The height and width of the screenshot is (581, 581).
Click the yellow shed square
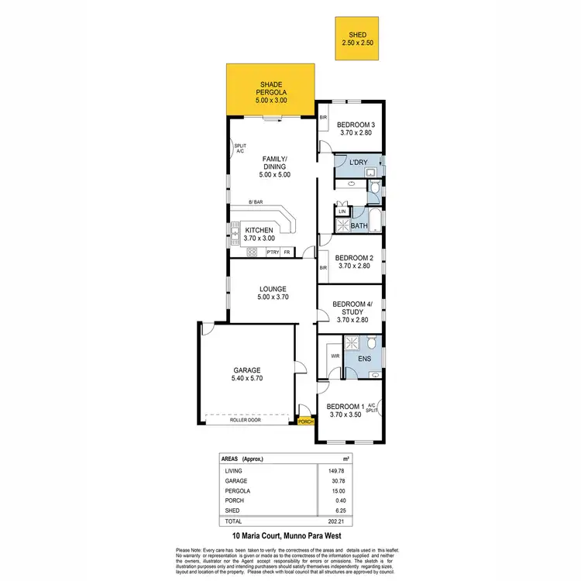358,39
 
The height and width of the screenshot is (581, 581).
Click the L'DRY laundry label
357,162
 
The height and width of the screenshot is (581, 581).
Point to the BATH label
359,226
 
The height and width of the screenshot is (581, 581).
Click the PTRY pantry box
272,252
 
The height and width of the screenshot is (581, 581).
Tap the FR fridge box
287,252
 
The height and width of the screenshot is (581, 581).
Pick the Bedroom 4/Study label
352,311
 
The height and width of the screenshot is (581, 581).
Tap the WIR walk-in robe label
335,356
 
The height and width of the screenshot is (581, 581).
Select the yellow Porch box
306,421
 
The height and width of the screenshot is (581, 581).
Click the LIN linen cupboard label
341,211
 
